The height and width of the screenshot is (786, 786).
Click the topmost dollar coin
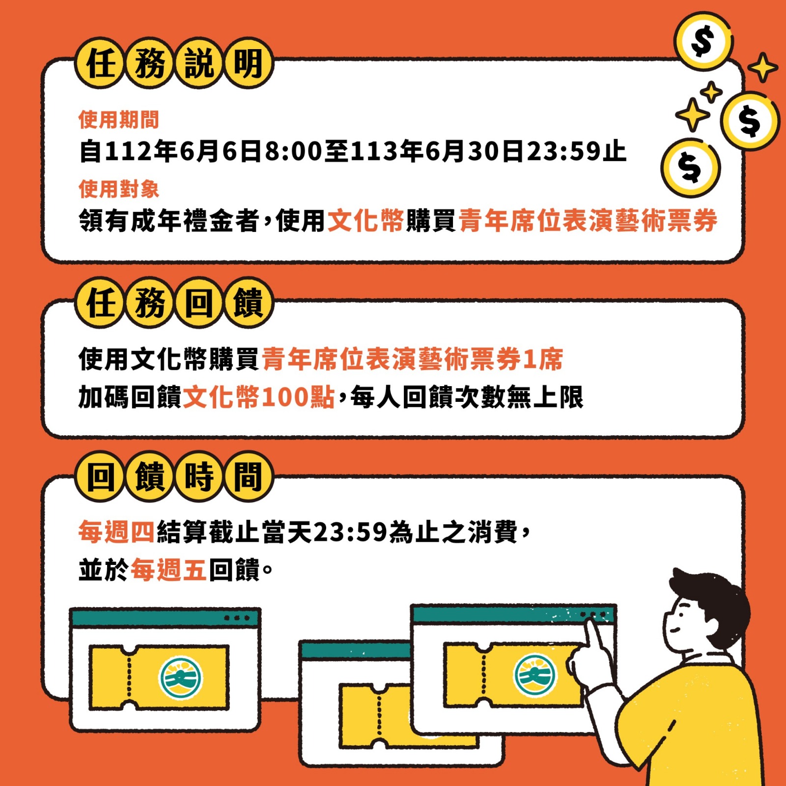703,42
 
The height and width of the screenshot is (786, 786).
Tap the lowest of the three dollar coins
690,168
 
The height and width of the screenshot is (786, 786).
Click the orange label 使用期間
119,119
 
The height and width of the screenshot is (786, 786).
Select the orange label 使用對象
119,189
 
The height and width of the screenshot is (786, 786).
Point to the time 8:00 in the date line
294,151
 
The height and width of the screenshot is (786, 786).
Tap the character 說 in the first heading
199,63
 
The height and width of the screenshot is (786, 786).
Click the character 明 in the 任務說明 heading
248,63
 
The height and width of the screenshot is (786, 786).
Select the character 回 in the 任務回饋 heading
199,303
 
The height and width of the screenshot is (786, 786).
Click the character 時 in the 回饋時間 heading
199,477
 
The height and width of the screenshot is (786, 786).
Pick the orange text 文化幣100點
259,397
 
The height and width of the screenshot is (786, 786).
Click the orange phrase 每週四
117,532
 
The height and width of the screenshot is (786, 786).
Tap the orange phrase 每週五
168,570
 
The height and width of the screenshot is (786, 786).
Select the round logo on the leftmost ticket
180,678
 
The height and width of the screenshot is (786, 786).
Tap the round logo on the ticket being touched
535,674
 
